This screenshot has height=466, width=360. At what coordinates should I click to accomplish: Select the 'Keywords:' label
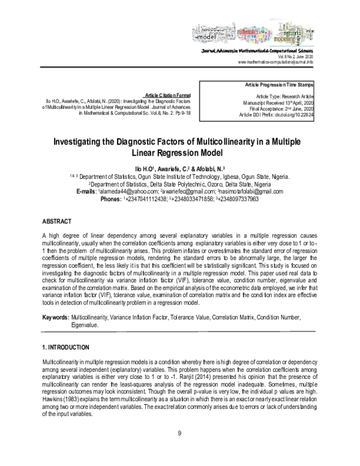coord(55,316)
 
